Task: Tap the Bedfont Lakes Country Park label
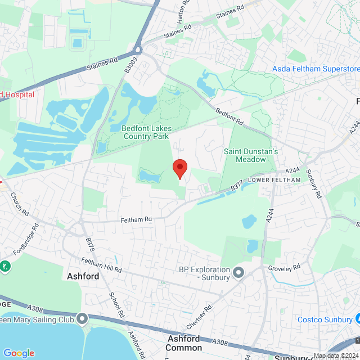(x=145, y=132)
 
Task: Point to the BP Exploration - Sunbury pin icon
(x=238, y=273)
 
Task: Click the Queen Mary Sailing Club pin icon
(x=83, y=319)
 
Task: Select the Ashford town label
(x=83, y=276)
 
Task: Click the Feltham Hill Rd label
(x=101, y=265)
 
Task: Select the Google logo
(x=19, y=353)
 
